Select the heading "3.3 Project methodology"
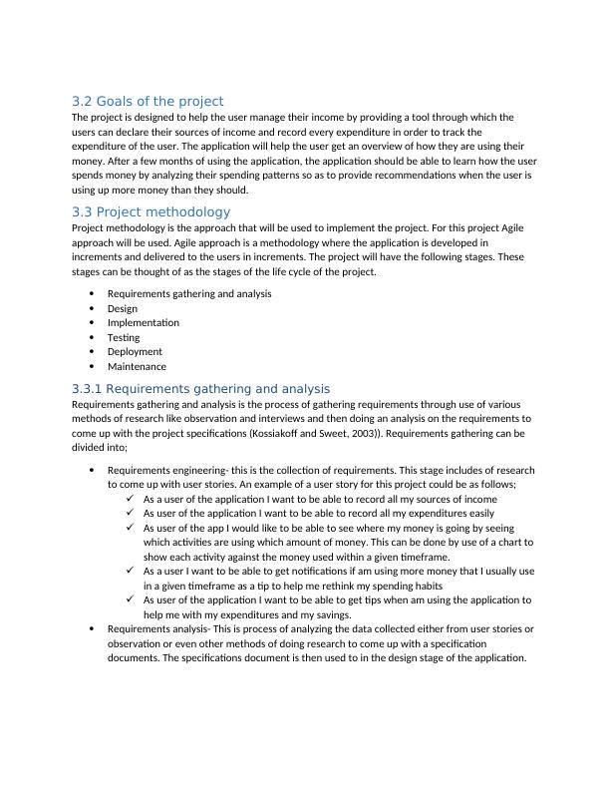[x=151, y=211]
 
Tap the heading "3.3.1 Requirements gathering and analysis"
[x=200, y=388]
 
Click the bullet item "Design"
[x=123, y=308]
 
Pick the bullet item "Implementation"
[x=144, y=322]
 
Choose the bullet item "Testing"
[x=124, y=337]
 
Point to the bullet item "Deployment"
[x=135, y=351]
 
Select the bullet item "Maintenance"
[x=137, y=366]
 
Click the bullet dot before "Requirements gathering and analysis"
[x=92, y=293]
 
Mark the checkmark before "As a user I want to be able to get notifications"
[x=133, y=572]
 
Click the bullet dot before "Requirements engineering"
[x=92, y=470]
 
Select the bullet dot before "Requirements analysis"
[x=92, y=629]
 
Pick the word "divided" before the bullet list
[x=93, y=449]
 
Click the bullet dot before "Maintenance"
[x=92, y=366]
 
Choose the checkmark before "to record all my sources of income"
[x=133, y=499]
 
